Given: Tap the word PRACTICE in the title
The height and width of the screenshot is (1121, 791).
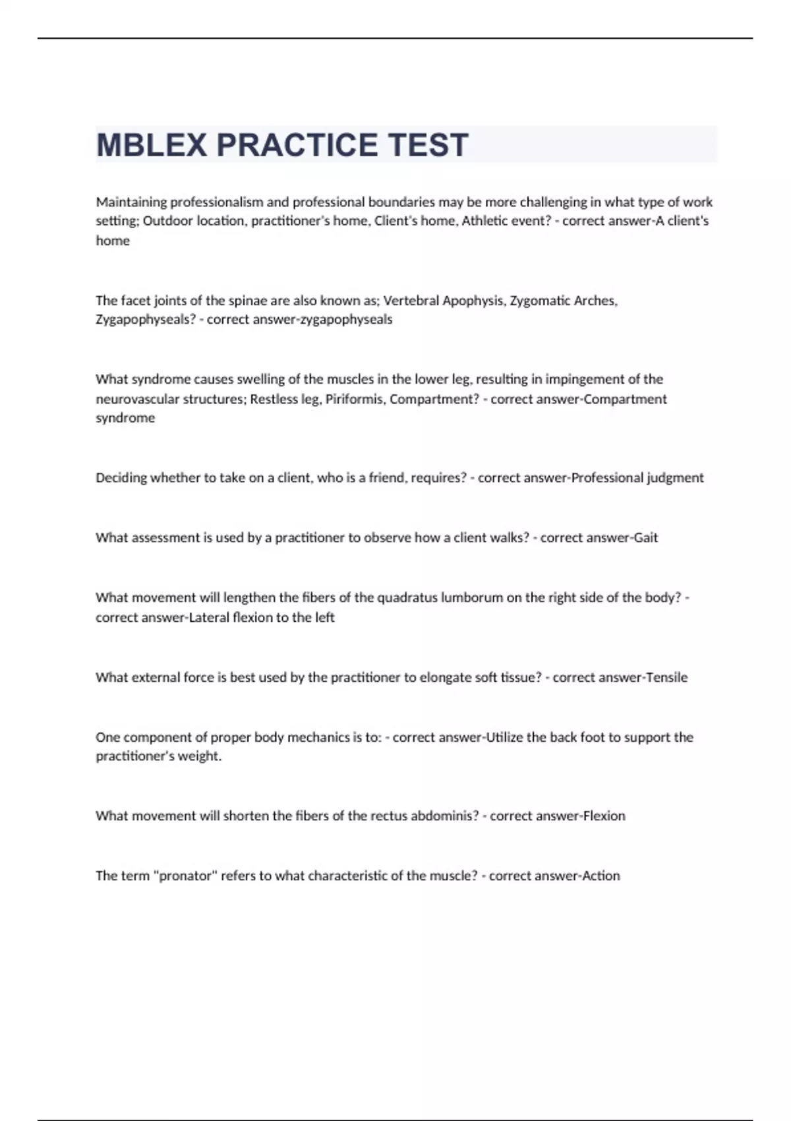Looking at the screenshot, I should pyautogui.click(x=297, y=145).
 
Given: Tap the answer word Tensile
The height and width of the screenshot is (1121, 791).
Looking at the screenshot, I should pyautogui.click(x=666, y=677).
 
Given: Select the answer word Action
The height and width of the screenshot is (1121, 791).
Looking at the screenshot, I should pyautogui.click(x=601, y=876).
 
